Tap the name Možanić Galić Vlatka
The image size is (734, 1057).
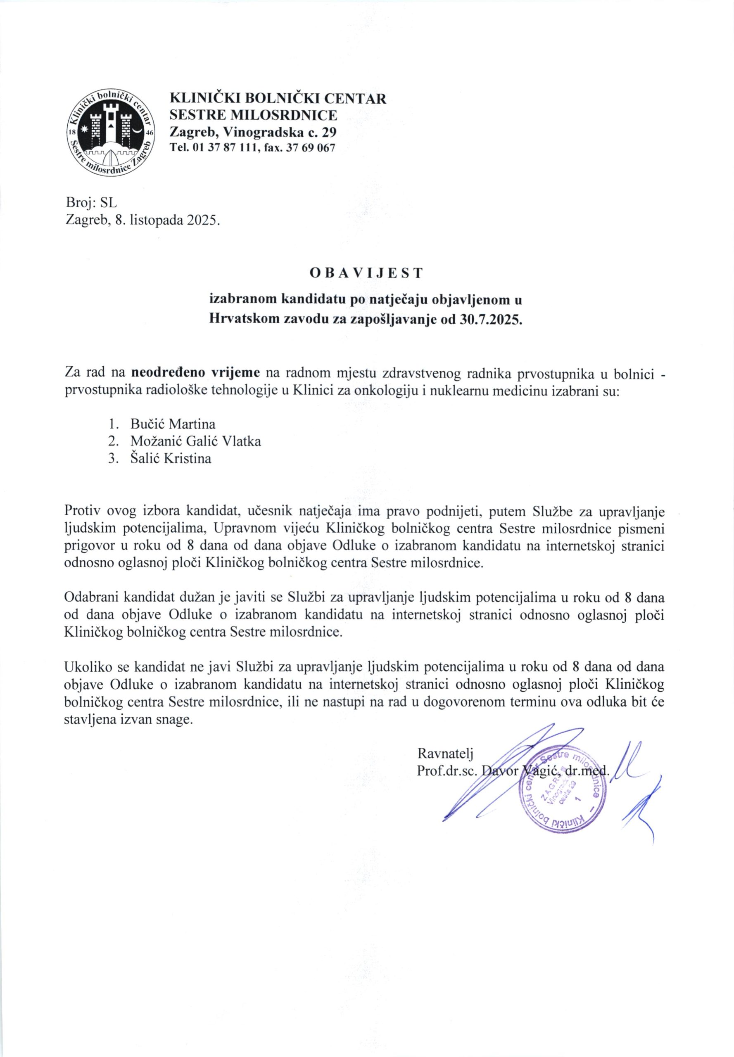coord(195,441)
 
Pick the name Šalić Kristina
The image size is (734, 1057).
coord(171,459)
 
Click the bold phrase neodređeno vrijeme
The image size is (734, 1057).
coord(196,372)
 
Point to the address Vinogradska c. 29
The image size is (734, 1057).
coord(280,133)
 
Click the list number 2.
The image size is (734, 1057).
coord(112,441)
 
